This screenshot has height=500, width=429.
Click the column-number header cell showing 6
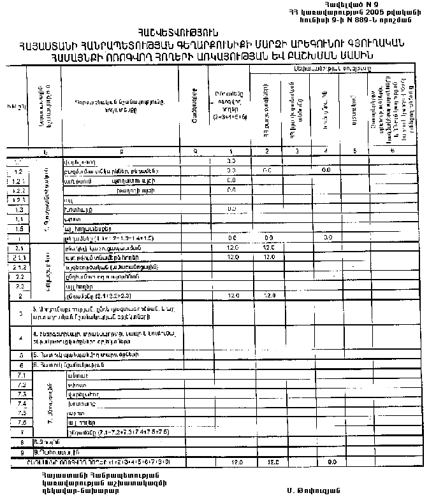click(391, 151)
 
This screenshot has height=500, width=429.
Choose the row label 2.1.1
click(18, 257)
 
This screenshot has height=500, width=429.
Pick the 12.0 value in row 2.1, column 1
click(232, 247)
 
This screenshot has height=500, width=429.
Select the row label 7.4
click(20, 403)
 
